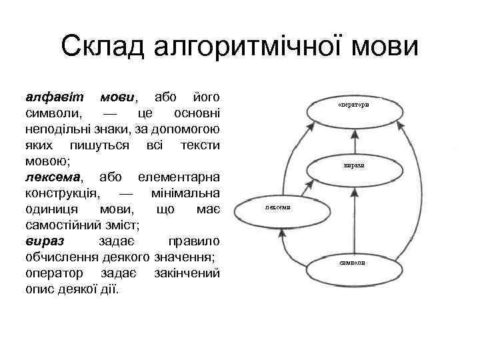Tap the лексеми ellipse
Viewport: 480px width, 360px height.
pyautogui.click(x=277, y=207)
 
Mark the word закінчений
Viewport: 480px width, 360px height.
pyautogui.click(x=187, y=273)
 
